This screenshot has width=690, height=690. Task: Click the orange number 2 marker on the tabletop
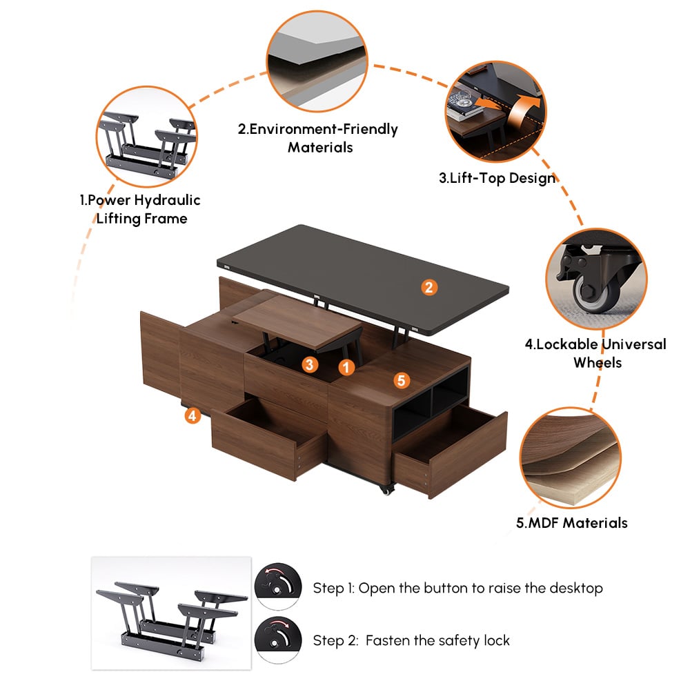429,287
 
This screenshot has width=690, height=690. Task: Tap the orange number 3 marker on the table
310,364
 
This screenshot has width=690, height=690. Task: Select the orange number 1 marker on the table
346,368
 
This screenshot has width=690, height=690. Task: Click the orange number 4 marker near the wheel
193,415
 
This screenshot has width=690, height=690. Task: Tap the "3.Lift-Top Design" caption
497,178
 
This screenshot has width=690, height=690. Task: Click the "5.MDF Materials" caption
572,522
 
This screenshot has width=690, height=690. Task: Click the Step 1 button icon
278,587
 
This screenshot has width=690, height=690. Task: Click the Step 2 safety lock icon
278,640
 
